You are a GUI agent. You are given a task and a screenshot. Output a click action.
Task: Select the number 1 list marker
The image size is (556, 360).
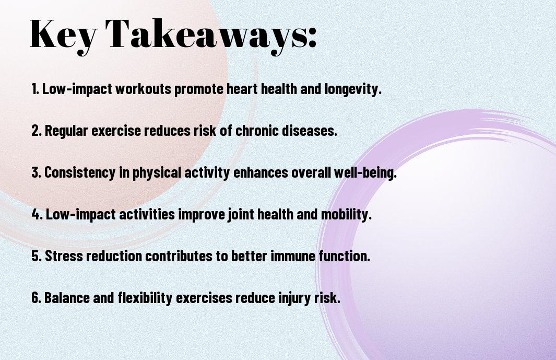pos(35,89)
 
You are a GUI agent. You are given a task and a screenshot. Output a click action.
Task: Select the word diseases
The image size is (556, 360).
pos(309,130)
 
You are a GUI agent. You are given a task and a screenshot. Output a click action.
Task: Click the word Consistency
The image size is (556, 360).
pos(80,173)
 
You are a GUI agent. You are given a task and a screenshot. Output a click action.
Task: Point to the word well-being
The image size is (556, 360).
pos(365,173)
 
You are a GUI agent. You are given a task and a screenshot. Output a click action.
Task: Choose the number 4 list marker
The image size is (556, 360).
pos(37,214)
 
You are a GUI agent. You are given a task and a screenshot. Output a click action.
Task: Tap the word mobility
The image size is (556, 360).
pos(346,215)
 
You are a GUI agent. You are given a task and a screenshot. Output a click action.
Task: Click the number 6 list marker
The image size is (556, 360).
pos(36,297)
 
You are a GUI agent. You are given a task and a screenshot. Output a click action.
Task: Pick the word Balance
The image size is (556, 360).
pos(67,297)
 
